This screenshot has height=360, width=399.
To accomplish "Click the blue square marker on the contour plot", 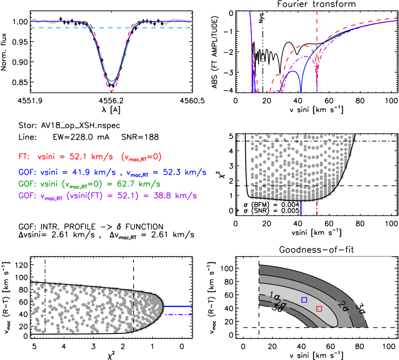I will coord(304,299).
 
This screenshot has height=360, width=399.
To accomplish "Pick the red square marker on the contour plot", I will coord(319,309).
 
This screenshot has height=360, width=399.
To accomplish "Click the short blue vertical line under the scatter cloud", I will coord(301,208).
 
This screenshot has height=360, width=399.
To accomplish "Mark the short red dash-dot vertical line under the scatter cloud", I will coord(317,208).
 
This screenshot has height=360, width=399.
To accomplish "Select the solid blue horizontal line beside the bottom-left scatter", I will coord(178,306).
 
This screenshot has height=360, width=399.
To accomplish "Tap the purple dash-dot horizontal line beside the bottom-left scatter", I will coord(178,315).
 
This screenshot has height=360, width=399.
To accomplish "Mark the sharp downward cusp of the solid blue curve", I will coord(301,90).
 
